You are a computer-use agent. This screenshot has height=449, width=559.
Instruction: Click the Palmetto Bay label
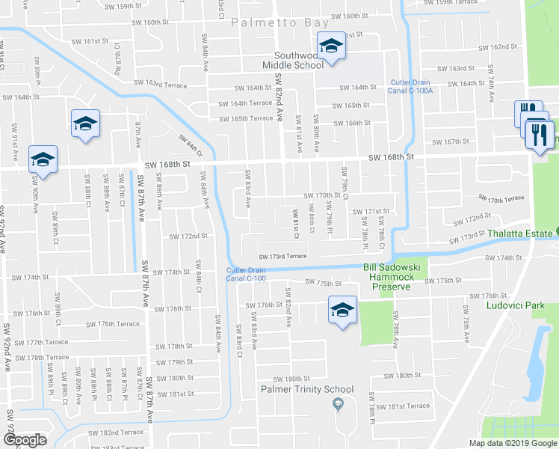[x=278, y=23]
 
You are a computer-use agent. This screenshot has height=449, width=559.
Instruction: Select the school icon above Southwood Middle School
[x=330, y=45]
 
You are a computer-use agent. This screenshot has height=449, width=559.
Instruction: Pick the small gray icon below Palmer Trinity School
[x=338, y=405]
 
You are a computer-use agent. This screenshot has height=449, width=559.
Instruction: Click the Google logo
[x=25, y=440]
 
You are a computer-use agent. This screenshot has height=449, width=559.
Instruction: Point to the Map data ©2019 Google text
[x=513, y=443]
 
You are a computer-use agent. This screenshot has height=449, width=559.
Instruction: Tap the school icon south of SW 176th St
[x=342, y=311]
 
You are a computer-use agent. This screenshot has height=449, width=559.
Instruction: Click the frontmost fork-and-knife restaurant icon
[x=538, y=135]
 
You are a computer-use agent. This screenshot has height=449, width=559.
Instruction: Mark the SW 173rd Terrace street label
[x=283, y=256]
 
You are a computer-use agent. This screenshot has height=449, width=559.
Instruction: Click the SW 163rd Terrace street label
[x=160, y=83]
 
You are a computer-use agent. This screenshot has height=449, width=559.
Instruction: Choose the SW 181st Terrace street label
[x=404, y=406]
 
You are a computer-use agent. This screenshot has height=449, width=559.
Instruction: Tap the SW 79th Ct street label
[x=345, y=183]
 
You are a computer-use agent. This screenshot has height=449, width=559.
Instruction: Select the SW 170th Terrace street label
[x=505, y=200]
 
